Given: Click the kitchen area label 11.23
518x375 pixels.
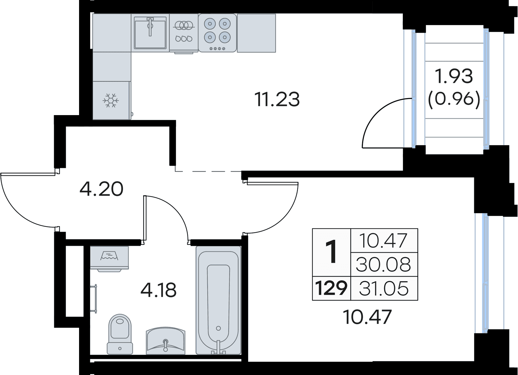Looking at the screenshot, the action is coord(277,99).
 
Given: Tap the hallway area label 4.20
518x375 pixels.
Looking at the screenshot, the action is coord(101,189).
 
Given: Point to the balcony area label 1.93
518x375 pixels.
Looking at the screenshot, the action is coord(454,76).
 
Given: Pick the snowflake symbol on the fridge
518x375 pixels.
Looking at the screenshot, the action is coord(111,101).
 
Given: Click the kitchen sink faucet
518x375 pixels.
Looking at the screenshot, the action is coord(150,27).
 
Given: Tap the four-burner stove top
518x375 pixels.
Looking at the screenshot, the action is coord(217,33).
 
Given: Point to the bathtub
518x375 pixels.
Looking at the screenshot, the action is coord(218,303).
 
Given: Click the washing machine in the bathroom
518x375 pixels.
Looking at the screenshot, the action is coord(109,258).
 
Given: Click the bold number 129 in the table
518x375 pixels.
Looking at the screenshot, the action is coord(331,288).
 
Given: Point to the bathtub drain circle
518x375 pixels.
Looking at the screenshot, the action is coord(218,328).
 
